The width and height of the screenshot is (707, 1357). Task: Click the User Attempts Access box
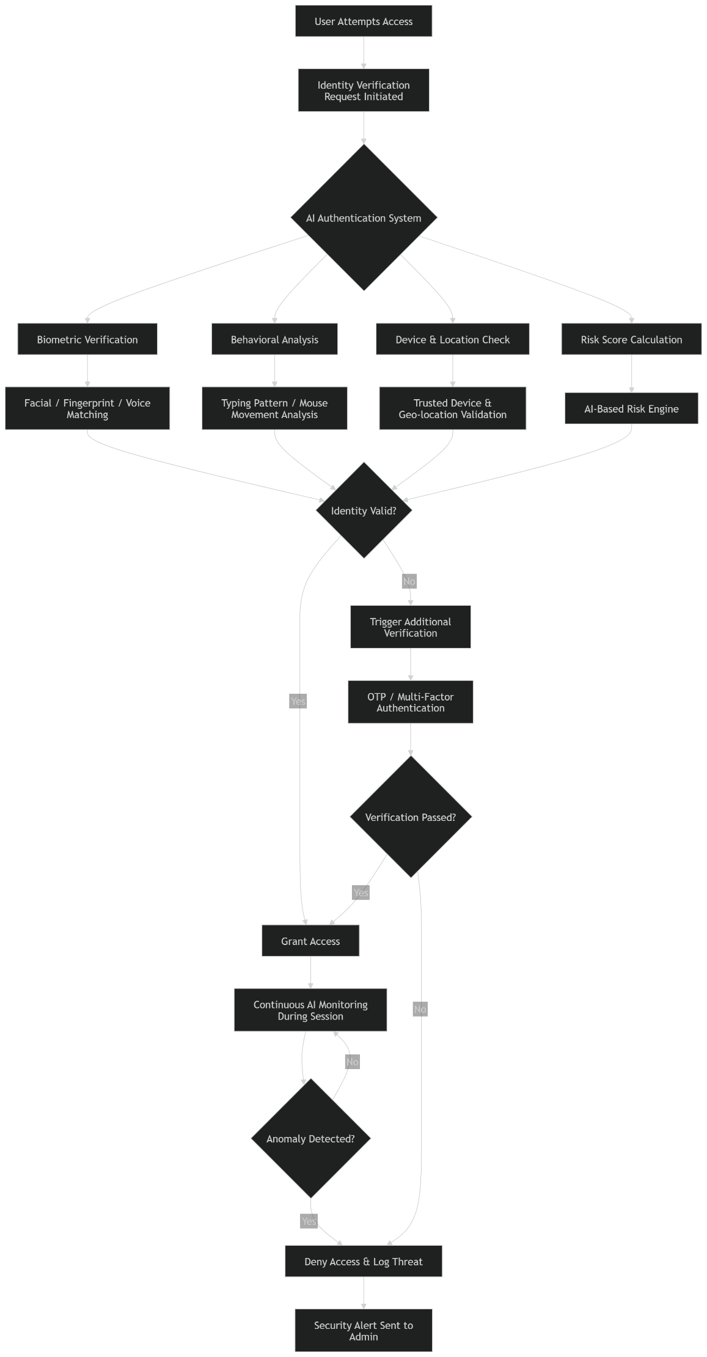click(363, 21)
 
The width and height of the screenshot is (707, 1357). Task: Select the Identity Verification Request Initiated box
click(363, 90)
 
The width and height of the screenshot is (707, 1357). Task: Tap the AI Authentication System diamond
click(364, 218)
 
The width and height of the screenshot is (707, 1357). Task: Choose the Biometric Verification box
click(87, 339)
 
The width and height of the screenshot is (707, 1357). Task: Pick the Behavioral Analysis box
click(274, 339)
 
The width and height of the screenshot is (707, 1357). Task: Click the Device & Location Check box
click(452, 339)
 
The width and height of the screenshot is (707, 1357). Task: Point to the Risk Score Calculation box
click(631, 339)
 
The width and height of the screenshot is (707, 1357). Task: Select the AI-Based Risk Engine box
click(631, 408)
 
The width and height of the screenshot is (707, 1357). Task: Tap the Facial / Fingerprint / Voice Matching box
click(87, 408)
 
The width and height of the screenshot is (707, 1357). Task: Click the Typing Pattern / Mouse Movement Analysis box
click(274, 408)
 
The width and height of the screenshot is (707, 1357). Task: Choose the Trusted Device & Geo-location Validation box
click(452, 408)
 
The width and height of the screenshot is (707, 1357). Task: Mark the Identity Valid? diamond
click(364, 510)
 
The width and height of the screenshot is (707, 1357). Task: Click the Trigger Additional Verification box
click(410, 627)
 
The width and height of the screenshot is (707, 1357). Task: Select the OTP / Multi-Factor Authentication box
click(410, 702)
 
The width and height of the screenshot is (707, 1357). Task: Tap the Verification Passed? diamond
click(410, 817)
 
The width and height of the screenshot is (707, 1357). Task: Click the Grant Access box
click(310, 941)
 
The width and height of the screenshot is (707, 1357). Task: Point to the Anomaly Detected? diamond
click(310, 1139)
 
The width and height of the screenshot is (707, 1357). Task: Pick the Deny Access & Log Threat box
click(363, 1261)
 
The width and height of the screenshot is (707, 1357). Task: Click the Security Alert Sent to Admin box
click(363, 1331)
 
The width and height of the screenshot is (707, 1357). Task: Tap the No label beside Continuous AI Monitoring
click(353, 1062)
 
